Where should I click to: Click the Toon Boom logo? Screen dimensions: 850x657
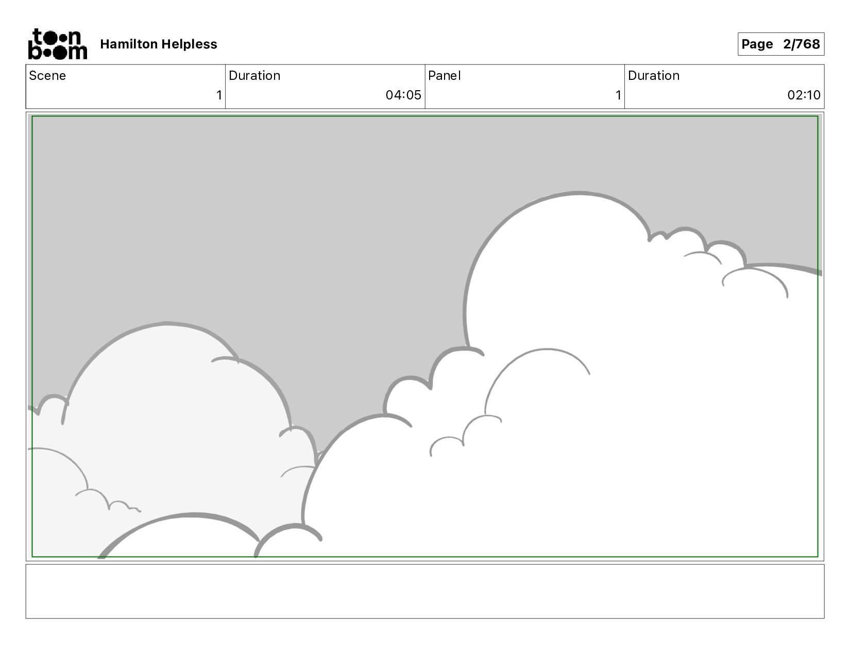[57, 44]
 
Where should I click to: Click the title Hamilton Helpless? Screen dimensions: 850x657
[159, 44]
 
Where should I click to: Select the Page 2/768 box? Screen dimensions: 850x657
[780, 44]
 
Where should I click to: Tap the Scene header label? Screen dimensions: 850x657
[47, 76]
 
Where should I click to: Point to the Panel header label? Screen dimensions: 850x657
[444, 76]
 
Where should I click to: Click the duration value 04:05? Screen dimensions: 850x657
[403, 95]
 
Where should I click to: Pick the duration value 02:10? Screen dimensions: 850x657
[804, 95]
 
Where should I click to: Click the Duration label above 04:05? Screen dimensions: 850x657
[254, 76]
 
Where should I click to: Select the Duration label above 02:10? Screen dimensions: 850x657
[654, 76]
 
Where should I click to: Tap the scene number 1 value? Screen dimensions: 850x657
[219, 95]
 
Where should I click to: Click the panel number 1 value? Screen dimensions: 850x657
[618, 95]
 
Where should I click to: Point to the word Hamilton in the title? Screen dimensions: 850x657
[128, 44]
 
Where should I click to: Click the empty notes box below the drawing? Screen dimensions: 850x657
[424, 591]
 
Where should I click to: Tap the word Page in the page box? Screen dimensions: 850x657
[757, 44]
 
